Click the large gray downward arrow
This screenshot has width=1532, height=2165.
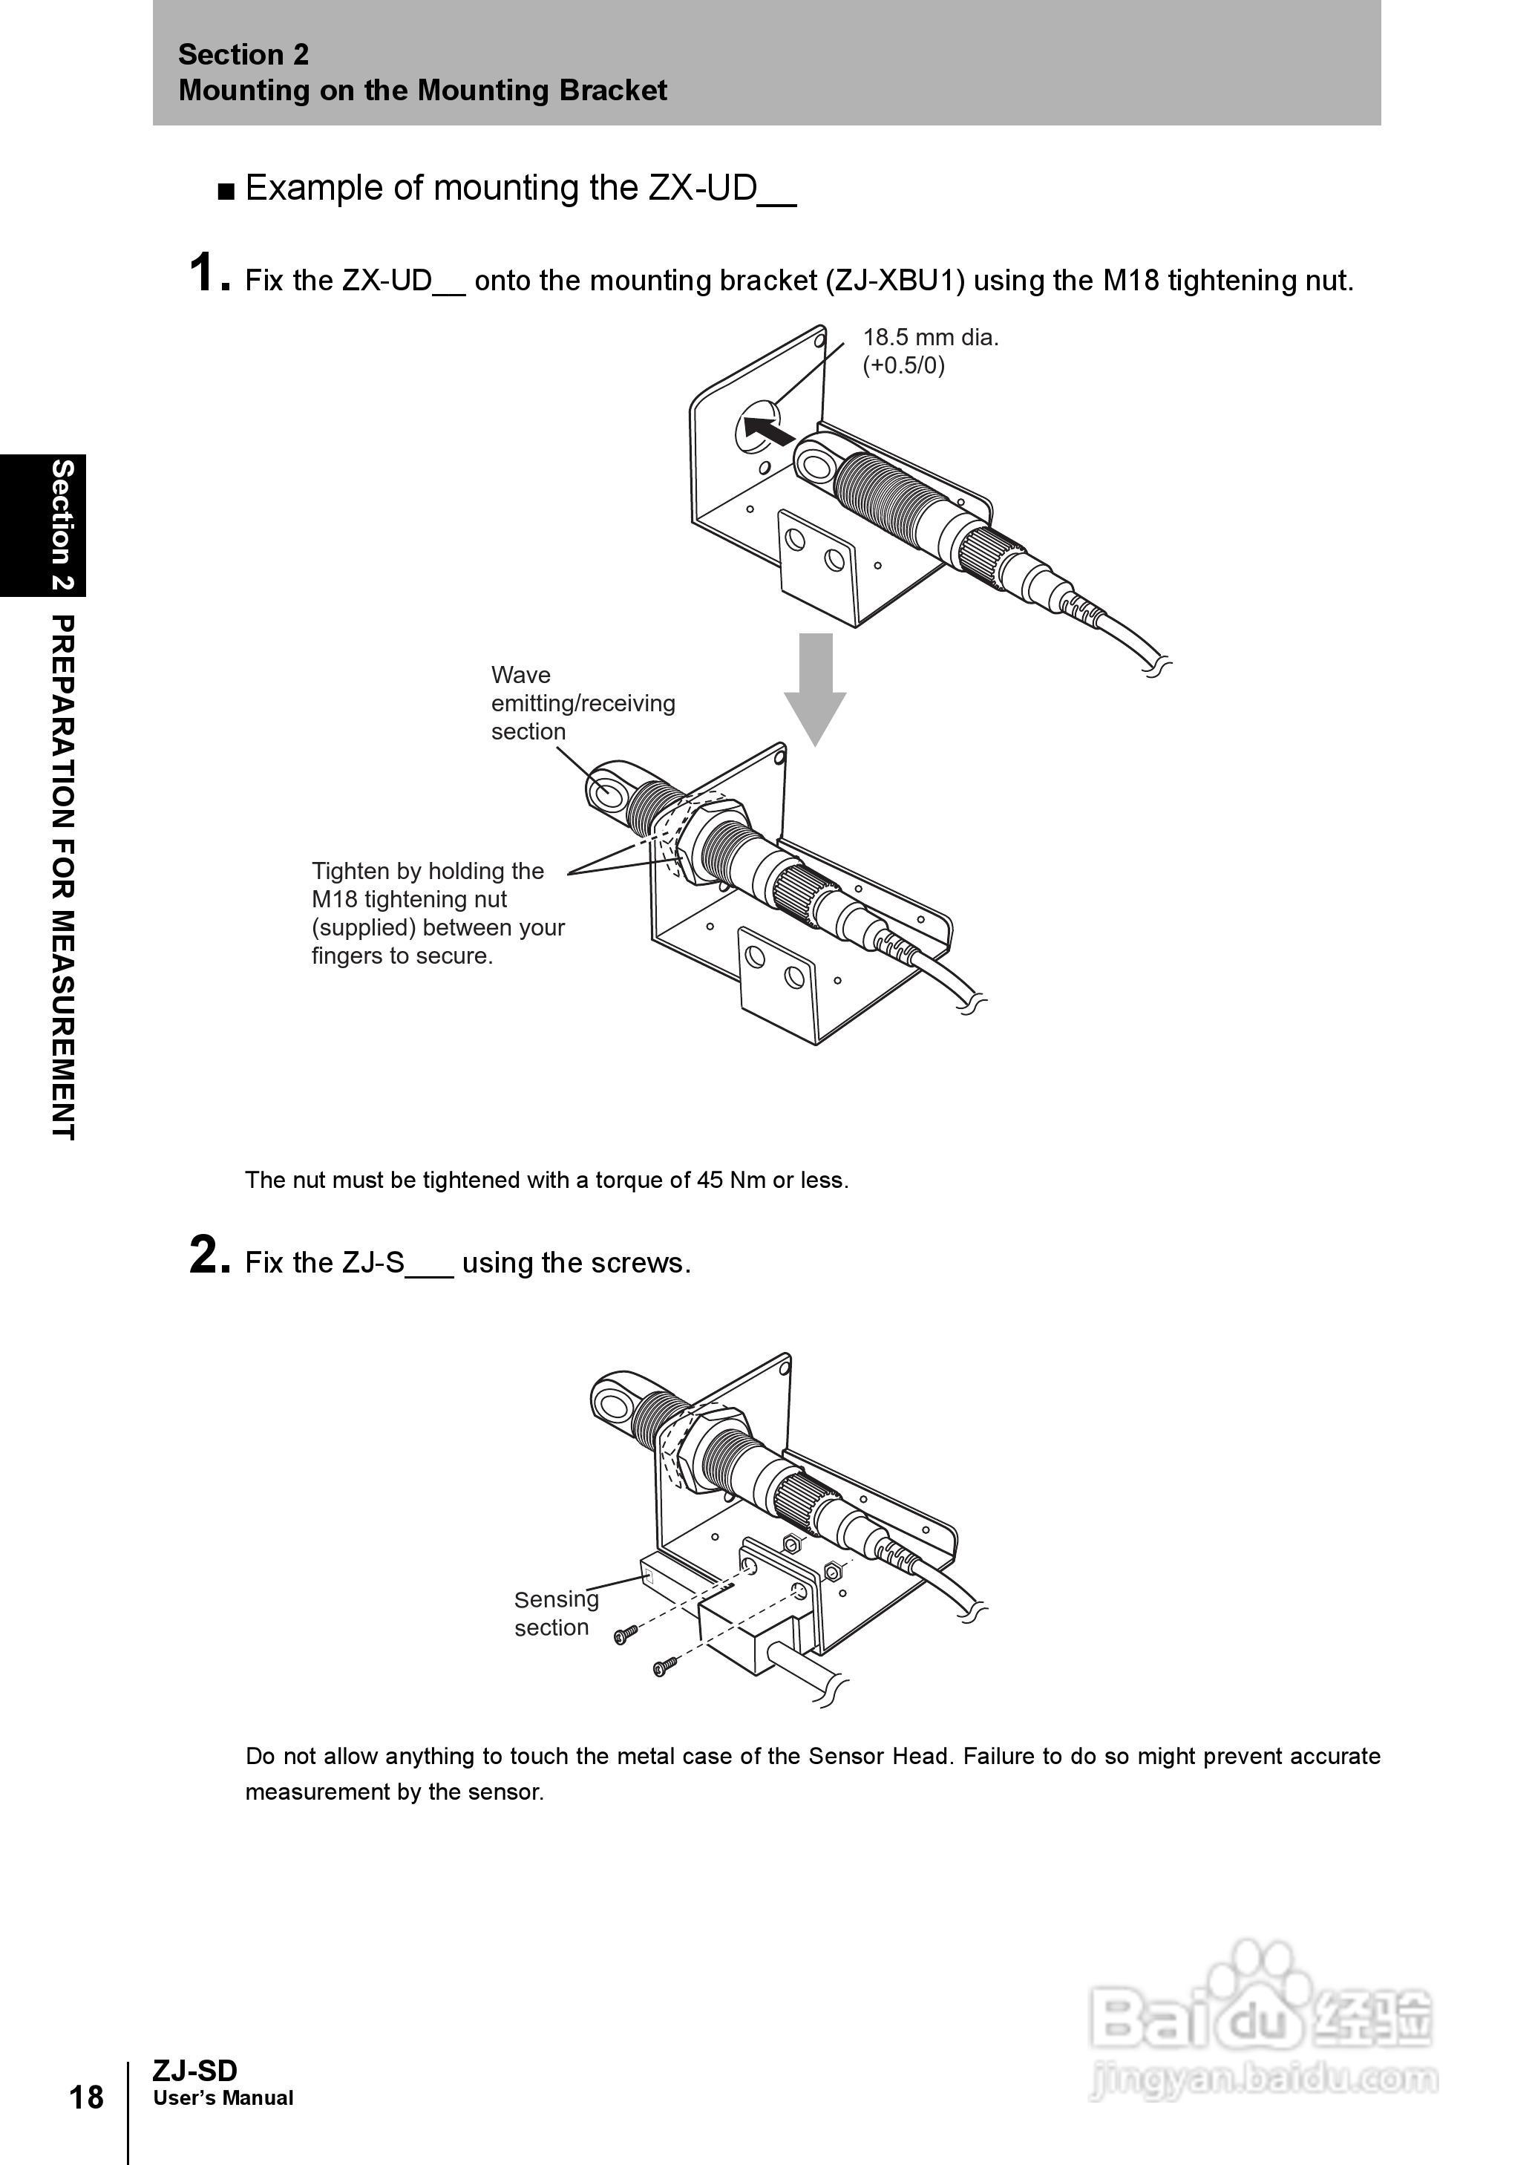[815, 688]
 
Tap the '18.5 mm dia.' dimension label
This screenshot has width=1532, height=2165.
[930, 338]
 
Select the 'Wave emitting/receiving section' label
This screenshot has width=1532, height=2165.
[583, 703]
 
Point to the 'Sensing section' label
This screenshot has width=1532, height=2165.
[556, 1613]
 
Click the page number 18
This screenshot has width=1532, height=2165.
[87, 2096]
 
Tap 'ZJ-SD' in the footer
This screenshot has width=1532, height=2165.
[194, 2071]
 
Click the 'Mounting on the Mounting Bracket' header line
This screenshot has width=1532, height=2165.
[422, 91]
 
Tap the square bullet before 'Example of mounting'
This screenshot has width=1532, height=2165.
[226, 192]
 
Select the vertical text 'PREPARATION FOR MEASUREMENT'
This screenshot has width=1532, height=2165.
[62, 878]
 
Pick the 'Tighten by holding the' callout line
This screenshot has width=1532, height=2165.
[428, 871]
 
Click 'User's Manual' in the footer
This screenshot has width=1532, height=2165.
[223, 2098]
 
